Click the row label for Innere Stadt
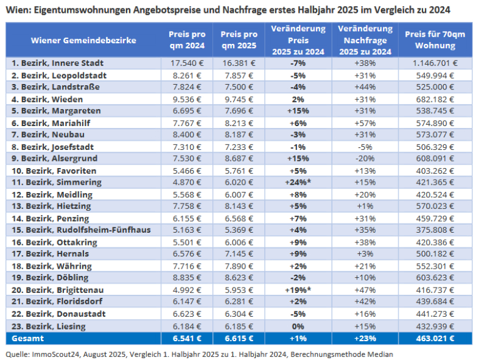57,63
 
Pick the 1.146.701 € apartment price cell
435,63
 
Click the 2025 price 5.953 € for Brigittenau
239,291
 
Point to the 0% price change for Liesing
298,326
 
